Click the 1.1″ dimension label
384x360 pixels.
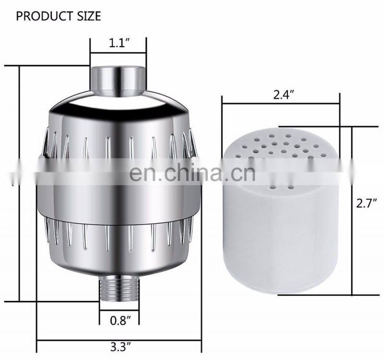119,43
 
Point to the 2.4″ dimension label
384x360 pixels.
284,95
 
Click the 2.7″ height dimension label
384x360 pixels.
366,203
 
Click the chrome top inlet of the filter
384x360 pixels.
119,80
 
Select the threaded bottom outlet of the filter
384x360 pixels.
119,291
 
